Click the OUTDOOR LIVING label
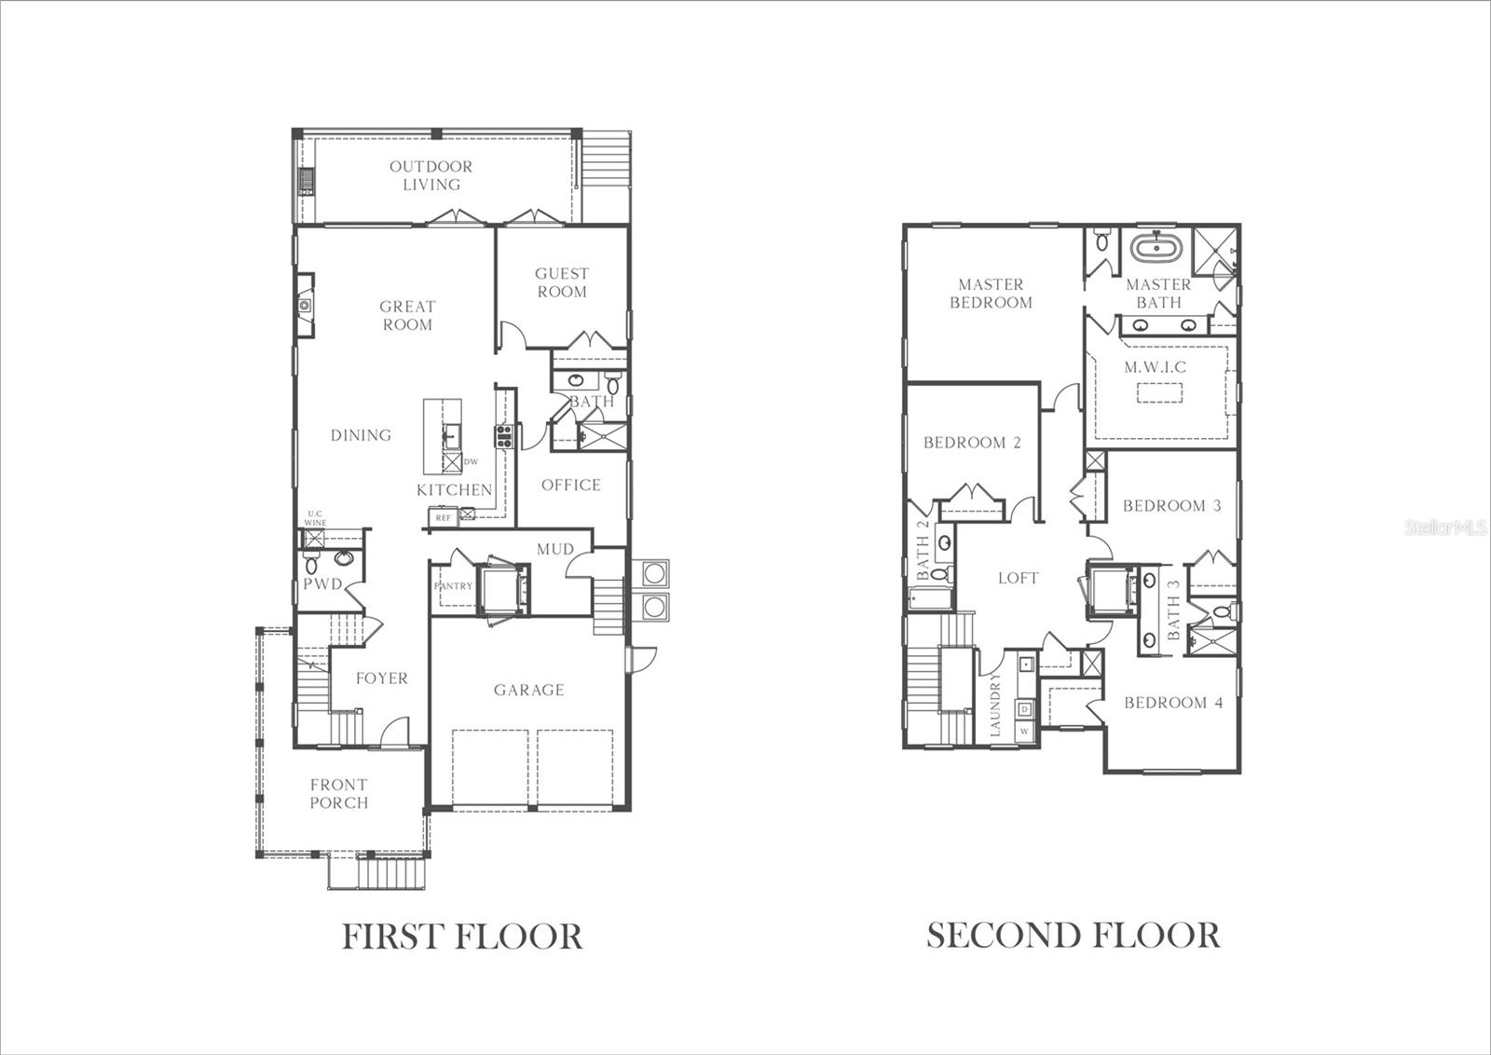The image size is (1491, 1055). click(431, 175)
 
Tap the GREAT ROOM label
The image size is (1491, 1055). click(407, 315)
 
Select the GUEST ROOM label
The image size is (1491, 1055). click(561, 282)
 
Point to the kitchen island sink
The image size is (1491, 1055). click(451, 435)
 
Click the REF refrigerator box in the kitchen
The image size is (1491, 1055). click(443, 517)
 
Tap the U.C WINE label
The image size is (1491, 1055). click(315, 518)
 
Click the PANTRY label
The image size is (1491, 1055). click(453, 586)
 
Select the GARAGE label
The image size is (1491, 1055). click(528, 690)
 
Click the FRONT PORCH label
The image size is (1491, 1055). click(338, 793)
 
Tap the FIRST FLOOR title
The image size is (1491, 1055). click(462, 935)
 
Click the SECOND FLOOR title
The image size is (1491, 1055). click(1073, 935)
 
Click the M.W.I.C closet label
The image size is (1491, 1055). click(1155, 367)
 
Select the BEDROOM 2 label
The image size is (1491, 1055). click(972, 443)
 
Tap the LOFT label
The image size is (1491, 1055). click(1018, 578)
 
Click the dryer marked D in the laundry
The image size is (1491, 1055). click(1024, 709)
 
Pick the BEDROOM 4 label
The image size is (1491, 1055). click(1172, 703)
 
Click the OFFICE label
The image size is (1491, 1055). click(570, 485)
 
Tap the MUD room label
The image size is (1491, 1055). click(554, 549)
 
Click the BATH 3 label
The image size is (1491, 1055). click(1173, 610)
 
